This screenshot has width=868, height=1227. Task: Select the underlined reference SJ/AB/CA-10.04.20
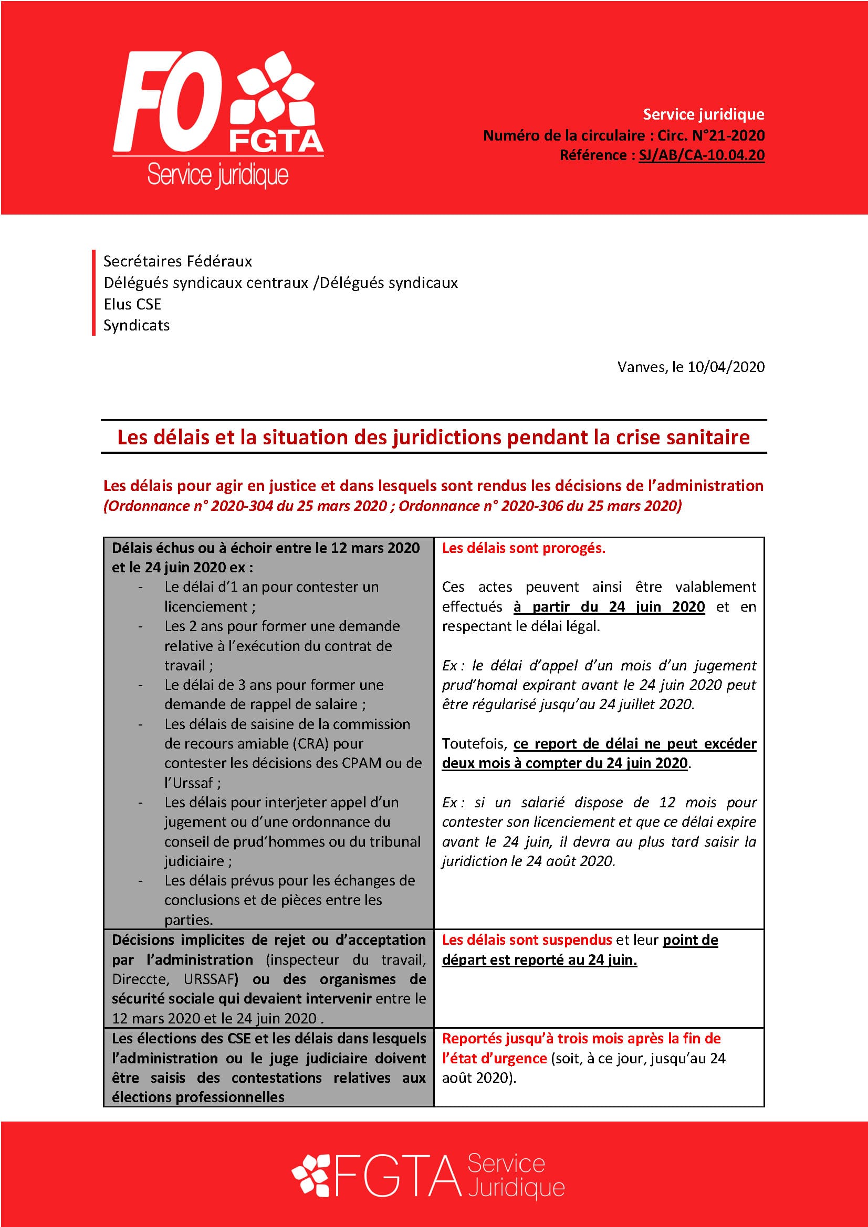(x=701, y=155)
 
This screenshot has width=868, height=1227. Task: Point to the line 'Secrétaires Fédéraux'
(x=177, y=261)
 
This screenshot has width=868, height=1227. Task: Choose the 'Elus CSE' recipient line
(x=132, y=304)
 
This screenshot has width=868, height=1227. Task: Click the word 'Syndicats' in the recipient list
(x=137, y=325)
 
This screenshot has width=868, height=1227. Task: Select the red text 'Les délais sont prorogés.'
(x=523, y=548)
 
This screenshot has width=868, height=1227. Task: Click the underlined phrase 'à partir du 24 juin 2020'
(x=609, y=606)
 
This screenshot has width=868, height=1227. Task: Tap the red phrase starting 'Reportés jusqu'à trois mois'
(x=581, y=1038)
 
